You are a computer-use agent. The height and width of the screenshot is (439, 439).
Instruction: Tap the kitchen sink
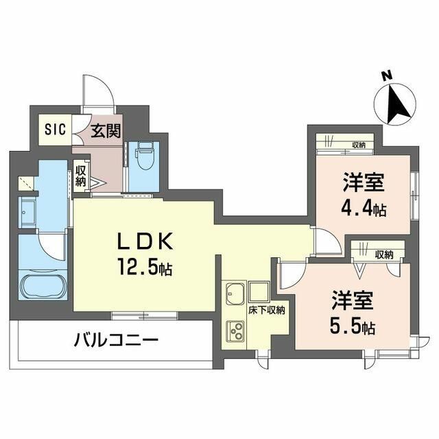[235, 293]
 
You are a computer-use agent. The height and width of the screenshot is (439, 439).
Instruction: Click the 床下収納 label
[266, 310]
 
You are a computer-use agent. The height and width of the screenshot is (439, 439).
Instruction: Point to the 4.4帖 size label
[364, 208]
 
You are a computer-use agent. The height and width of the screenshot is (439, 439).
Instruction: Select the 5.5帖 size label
[352, 325]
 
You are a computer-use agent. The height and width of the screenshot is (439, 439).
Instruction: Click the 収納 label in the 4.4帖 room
[358, 145]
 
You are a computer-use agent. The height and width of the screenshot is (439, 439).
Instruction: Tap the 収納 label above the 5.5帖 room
[384, 254]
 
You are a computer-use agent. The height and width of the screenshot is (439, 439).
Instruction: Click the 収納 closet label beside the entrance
[80, 177]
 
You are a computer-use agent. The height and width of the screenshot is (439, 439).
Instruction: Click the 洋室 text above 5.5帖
[352, 300]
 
